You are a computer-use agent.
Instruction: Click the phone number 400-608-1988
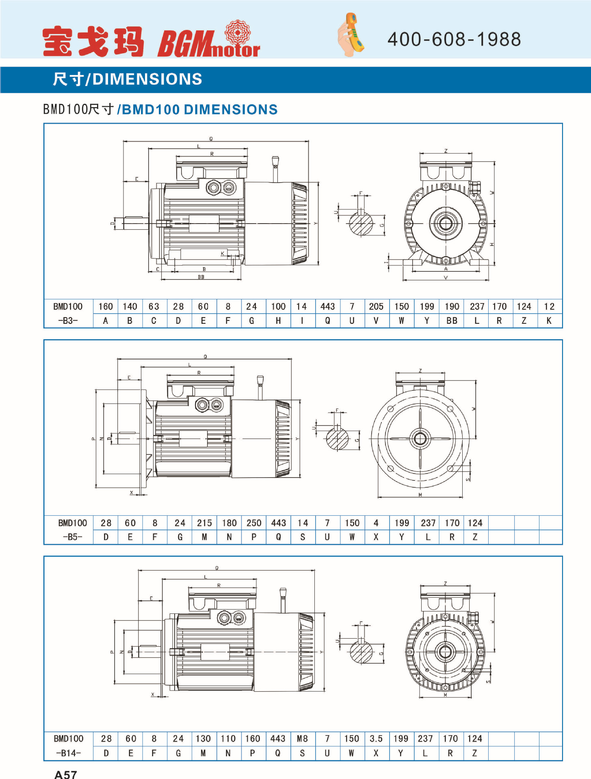coord(454,39)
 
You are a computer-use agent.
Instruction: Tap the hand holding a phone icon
coord(351,35)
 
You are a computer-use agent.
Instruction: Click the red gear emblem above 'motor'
coord(237,32)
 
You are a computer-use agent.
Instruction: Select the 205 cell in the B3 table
coord(376,307)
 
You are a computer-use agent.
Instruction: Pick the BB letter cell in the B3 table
coord(452,321)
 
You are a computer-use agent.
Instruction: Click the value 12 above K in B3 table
coord(549,307)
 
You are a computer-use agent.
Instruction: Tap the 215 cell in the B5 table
coord(204,523)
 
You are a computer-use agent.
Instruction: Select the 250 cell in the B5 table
coord(254,523)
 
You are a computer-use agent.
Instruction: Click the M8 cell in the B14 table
coord(302,739)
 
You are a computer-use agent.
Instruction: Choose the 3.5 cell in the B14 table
coord(376,739)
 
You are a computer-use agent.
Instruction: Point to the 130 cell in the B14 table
coord(203,739)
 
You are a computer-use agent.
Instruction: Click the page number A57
coord(65,774)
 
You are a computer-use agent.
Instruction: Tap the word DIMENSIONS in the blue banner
coord(147,79)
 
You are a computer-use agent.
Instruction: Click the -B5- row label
coord(73,537)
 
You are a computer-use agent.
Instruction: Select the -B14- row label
coord(69,753)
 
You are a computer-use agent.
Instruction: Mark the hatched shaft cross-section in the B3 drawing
coord(361,224)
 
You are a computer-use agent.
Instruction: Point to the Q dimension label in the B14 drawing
coord(217,568)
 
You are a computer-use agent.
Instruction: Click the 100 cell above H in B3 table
coord(278,307)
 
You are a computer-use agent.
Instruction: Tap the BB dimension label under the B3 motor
coord(201,277)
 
